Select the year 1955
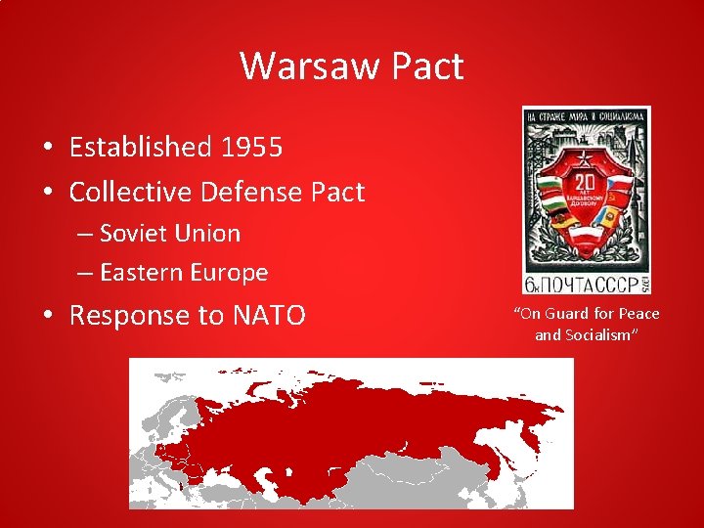pos(251,148)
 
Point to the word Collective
pos(130,192)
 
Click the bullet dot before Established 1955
pos(46,149)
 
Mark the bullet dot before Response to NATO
pos(46,317)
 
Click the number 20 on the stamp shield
pos(585,184)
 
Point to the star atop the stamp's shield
pos(585,157)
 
